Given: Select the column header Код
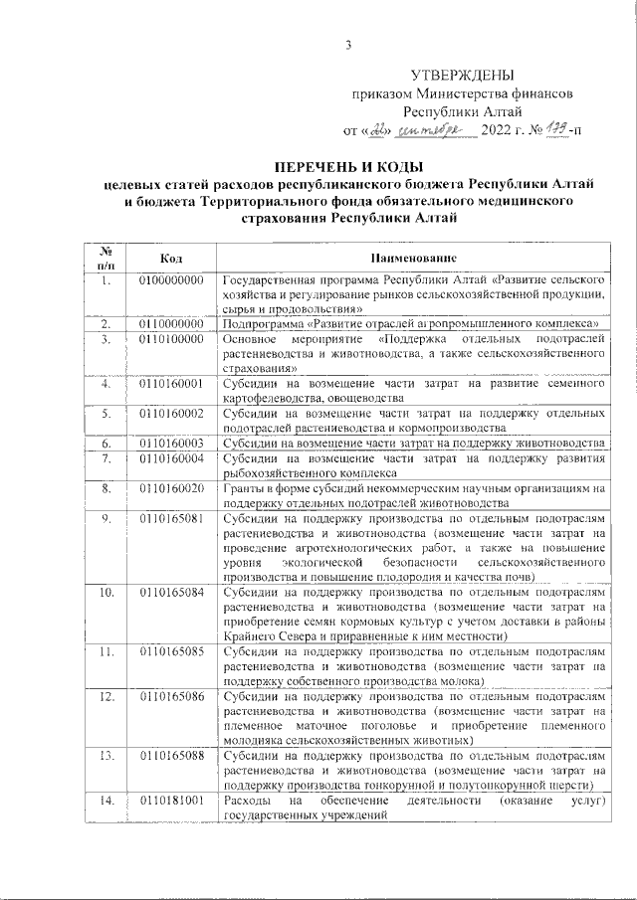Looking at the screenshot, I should tap(171, 258).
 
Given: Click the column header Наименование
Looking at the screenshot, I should tap(413, 258).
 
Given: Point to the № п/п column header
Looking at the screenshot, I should tap(106, 258).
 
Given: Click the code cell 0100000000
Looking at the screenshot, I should tap(172, 280).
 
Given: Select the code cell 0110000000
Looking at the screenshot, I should tap(172, 324).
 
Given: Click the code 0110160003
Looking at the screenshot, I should tap(172, 443).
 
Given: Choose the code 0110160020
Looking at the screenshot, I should tap(172, 488).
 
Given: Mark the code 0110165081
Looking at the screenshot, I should tap(172, 519).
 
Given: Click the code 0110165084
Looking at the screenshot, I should tap(172, 593).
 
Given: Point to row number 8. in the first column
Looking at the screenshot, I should tap(106, 488).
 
